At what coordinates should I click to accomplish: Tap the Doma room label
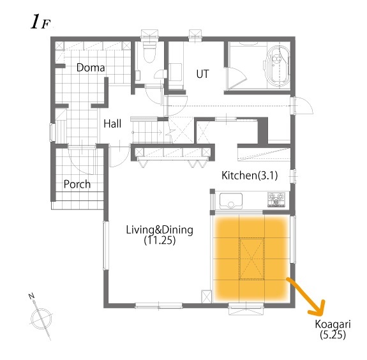[x=91, y=67]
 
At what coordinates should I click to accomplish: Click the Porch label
[x=77, y=184]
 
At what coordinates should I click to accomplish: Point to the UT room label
[x=202, y=73]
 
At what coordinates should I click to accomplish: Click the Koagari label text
[x=331, y=324]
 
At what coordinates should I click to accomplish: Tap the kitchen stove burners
[x=276, y=202]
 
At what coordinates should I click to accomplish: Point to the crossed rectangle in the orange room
[x=251, y=258]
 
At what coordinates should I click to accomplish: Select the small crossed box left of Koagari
[x=206, y=297]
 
